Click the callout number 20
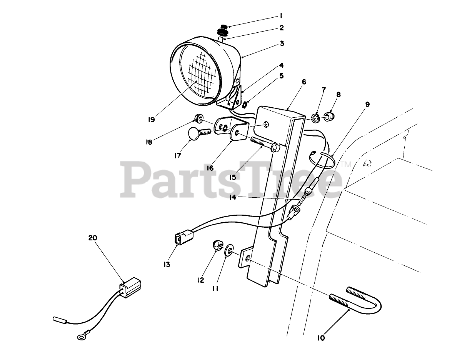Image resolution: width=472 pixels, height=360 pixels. point(93,238)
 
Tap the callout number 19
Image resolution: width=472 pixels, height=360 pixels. point(151,120)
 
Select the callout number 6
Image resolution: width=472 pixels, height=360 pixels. point(304,82)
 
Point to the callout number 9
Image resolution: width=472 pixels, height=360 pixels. point(367,104)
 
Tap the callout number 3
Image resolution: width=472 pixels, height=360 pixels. point(282,43)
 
